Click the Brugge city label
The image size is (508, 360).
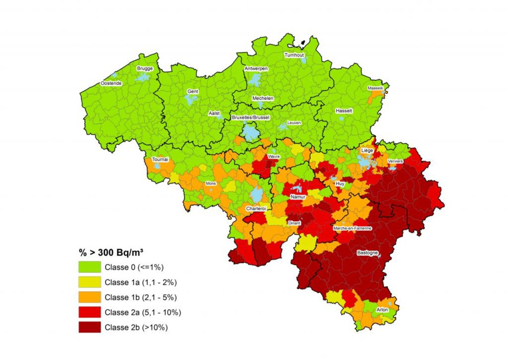click(145, 68)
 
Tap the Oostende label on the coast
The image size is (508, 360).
click(111, 84)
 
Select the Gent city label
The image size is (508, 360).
click(192, 92)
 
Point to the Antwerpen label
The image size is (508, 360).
click(256, 68)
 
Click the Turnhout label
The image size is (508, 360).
click(294, 55)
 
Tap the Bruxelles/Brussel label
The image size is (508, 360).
click(251, 117)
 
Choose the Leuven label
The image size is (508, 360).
click(293, 123)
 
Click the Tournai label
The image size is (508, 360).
click(160, 159)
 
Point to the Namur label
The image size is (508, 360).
click(298, 196)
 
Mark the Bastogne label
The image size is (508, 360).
click(368, 253)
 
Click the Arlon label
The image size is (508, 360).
click(383, 309)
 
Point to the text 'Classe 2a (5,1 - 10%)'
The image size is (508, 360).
click(143, 312)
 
